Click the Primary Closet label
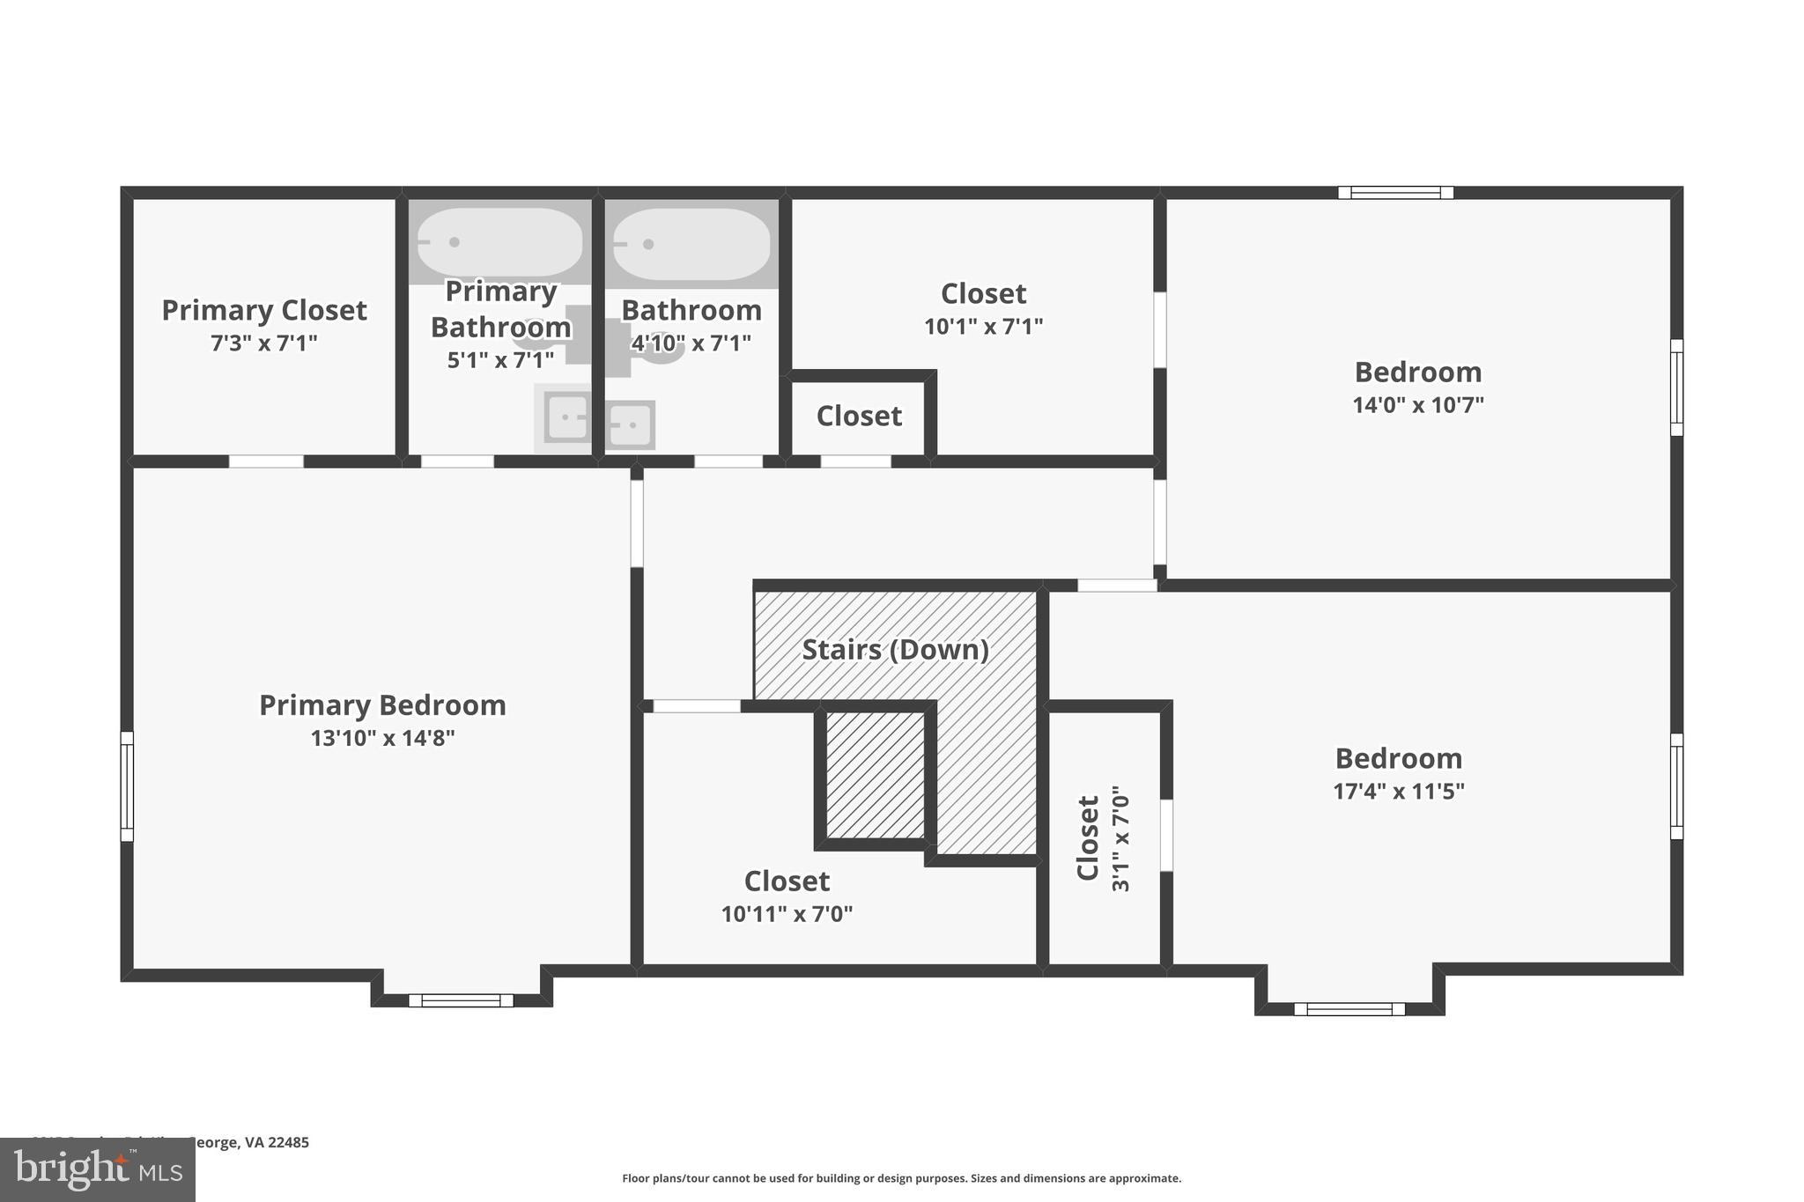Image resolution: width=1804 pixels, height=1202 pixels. point(263,310)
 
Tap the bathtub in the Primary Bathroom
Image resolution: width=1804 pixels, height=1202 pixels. point(499,241)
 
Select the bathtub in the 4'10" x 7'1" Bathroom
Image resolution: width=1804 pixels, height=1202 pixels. point(691,244)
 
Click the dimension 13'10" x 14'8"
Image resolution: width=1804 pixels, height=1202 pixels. point(382,738)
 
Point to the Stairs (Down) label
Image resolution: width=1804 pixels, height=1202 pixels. point(895,650)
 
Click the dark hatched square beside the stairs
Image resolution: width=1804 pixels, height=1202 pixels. point(876,775)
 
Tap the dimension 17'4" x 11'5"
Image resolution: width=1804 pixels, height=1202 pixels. point(1398,791)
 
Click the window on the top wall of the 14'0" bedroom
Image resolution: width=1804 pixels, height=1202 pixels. point(1395,192)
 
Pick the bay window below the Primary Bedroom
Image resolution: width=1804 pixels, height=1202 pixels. point(461,1000)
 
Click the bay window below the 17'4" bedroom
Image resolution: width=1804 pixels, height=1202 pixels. point(1349,1009)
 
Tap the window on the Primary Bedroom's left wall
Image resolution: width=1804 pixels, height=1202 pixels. point(127,786)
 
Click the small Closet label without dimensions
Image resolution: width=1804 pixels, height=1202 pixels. point(859,416)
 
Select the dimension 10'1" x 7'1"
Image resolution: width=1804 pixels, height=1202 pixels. point(983,327)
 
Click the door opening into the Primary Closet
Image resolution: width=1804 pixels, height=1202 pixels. point(266,461)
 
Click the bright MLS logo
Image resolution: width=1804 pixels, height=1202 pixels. point(97,1169)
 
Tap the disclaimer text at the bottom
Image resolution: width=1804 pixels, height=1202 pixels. point(901,1178)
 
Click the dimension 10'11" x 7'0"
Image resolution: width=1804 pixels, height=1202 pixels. point(787,914)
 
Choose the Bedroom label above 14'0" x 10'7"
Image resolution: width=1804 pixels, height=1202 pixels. point(1417,372)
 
